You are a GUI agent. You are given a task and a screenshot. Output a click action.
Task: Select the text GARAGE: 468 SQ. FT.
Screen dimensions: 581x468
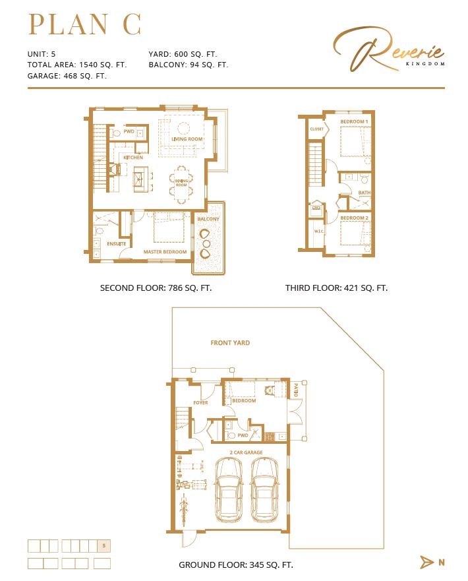pyautogui.click(x=67, y=76)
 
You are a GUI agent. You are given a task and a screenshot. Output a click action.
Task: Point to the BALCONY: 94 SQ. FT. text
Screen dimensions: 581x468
pyautogui.click(x=189, y=65)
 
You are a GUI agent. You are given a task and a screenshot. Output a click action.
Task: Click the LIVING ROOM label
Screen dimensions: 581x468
pyautogui.click(x=187, y=139)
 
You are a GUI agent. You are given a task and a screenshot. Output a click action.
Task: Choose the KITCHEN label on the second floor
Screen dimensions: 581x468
pyautogui.click(x=133, y=158)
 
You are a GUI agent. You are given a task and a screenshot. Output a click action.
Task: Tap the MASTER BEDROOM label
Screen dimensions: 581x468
pyautogui.click(x=165, y=252)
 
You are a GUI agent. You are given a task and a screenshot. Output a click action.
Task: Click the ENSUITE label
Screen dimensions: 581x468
pyautogui.click(x=117, y=244)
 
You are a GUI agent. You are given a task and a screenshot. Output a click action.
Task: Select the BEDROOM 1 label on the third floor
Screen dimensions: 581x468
pyautogui.click(x=354, y=122)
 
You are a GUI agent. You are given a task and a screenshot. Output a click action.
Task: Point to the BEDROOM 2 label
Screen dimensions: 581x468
pyautogui.click(x=354, y=218)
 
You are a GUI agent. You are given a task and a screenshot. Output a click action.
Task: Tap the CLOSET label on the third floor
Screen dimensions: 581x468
pyautogui.click(x=317, y=129)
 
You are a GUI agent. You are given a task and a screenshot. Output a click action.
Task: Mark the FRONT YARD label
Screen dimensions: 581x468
pyautogui.click(x=230, y=343)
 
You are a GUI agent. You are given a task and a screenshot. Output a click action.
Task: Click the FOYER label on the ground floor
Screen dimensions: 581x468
pyautogui.click(x=200, y=402)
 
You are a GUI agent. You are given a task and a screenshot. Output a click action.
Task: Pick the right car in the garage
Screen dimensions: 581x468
pyautogui.click(x=266, y=488)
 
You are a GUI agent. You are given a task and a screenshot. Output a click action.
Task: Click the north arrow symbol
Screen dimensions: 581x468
pyautogui.click(x=427, y=562)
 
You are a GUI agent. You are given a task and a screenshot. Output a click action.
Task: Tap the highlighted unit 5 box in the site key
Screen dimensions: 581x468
pyautogui.click(x=103, y=545)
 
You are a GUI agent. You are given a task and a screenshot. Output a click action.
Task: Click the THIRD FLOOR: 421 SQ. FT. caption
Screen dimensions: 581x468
pyautogui.click(x=336, y=288)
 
